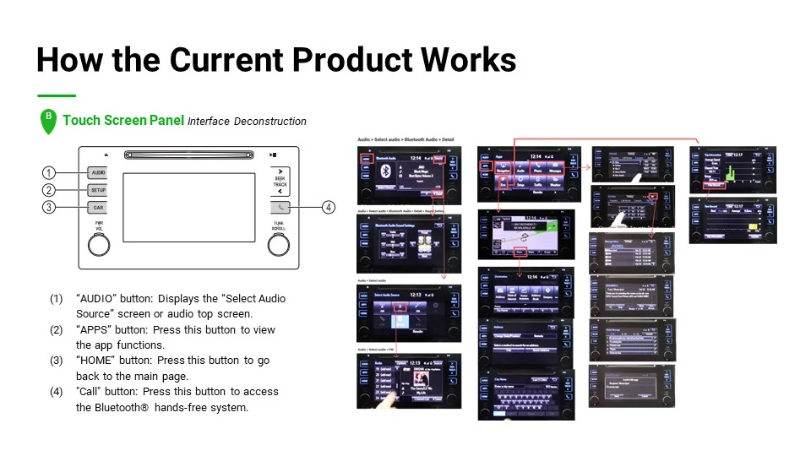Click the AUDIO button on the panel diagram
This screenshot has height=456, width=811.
point(98,172)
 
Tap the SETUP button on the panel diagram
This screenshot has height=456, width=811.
point(98,190)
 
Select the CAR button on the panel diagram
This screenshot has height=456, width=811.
point(98,207)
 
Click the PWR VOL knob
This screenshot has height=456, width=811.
point(99,244)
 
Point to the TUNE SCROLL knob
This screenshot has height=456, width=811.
point(279,244)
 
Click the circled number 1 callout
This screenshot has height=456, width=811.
point(49,172)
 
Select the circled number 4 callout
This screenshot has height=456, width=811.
point(328,207)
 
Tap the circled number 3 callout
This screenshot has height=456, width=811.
point(49,207)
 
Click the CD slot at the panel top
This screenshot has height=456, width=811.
point(188,155)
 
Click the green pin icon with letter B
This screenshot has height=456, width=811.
point(48,120)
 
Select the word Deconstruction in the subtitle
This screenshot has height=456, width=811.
point(270,122)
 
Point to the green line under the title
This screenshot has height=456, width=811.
point(57,95)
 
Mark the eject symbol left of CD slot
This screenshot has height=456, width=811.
point(106,155)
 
